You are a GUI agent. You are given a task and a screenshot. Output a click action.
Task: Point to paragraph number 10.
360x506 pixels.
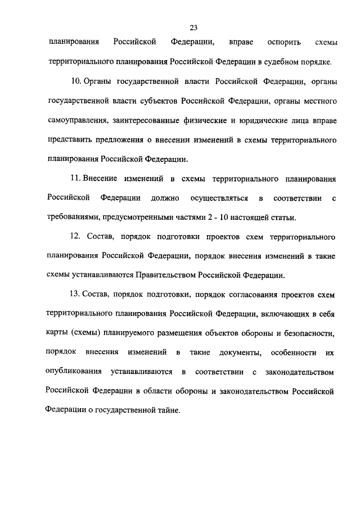pos(76,83)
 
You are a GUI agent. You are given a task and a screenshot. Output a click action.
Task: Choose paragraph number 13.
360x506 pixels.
pos(76,294)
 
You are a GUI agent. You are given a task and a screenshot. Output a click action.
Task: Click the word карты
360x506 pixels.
pos(57,333)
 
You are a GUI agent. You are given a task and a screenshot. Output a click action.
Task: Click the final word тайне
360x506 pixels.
pos(168,410)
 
